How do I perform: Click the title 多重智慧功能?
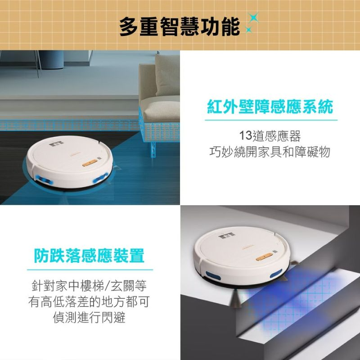coord(180,27)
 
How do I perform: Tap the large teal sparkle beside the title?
coord(253,17)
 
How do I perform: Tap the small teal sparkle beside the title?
coord(248,29)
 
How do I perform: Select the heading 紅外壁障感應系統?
coord(270,107)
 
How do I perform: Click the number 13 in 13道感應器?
coord(245,135)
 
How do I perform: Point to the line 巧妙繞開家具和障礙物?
coord(270,152)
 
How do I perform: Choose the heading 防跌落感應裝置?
coord(89,256)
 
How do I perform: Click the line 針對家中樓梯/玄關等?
coord(89,286)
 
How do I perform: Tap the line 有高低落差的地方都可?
coord(89,301)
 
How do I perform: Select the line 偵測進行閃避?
coord(89,318)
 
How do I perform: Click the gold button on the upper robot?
coord(90,163)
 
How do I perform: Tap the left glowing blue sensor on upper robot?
coord(44,180)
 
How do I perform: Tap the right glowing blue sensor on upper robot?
coord(100,178)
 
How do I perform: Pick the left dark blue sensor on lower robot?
coord(213,276)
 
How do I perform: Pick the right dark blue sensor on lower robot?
coord(276,274)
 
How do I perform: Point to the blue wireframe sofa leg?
coord(153,149)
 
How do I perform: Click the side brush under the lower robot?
coord(236,298)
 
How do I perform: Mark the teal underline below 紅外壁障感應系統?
coord(271,120)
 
